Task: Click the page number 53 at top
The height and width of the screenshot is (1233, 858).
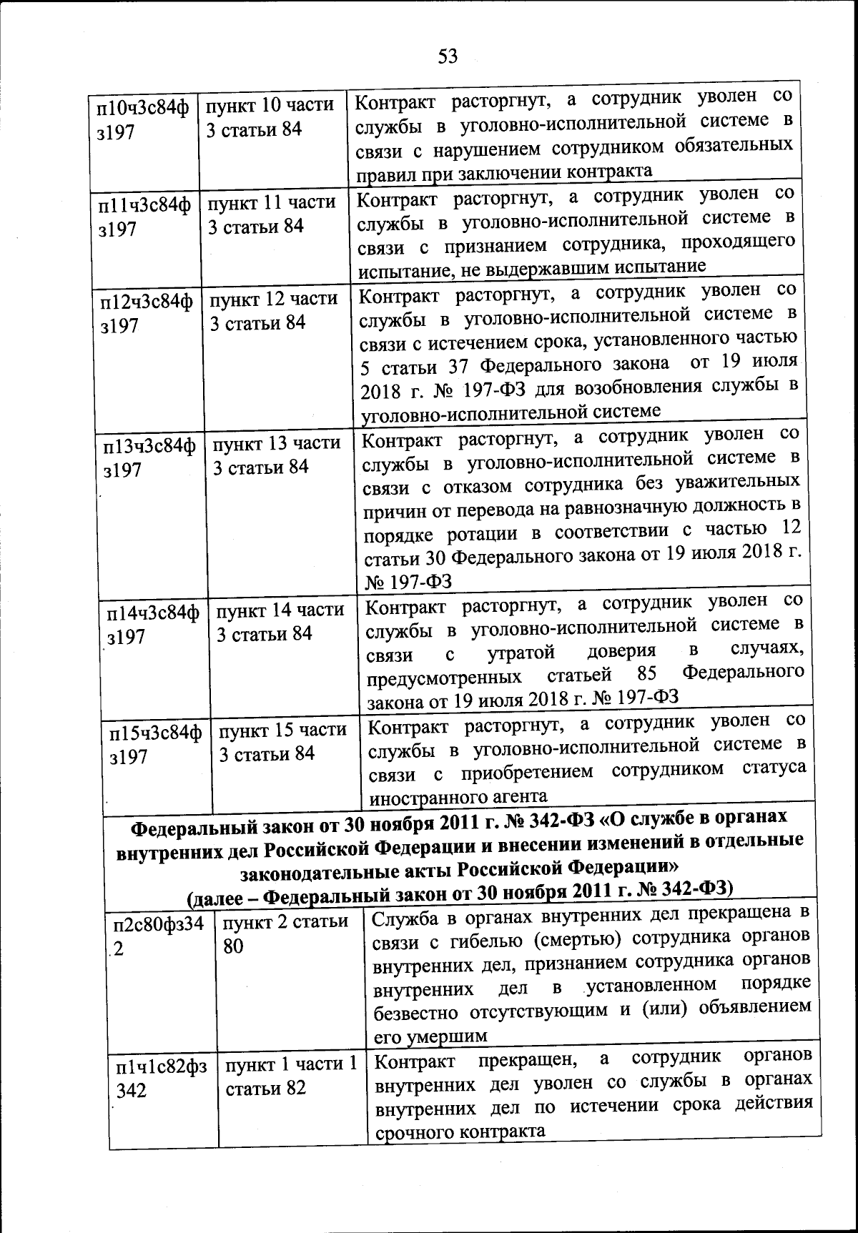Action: click(448, 56)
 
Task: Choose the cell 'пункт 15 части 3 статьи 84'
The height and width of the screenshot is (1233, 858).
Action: click(282, 742)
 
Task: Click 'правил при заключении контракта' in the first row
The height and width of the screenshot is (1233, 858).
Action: click(503, 171)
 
